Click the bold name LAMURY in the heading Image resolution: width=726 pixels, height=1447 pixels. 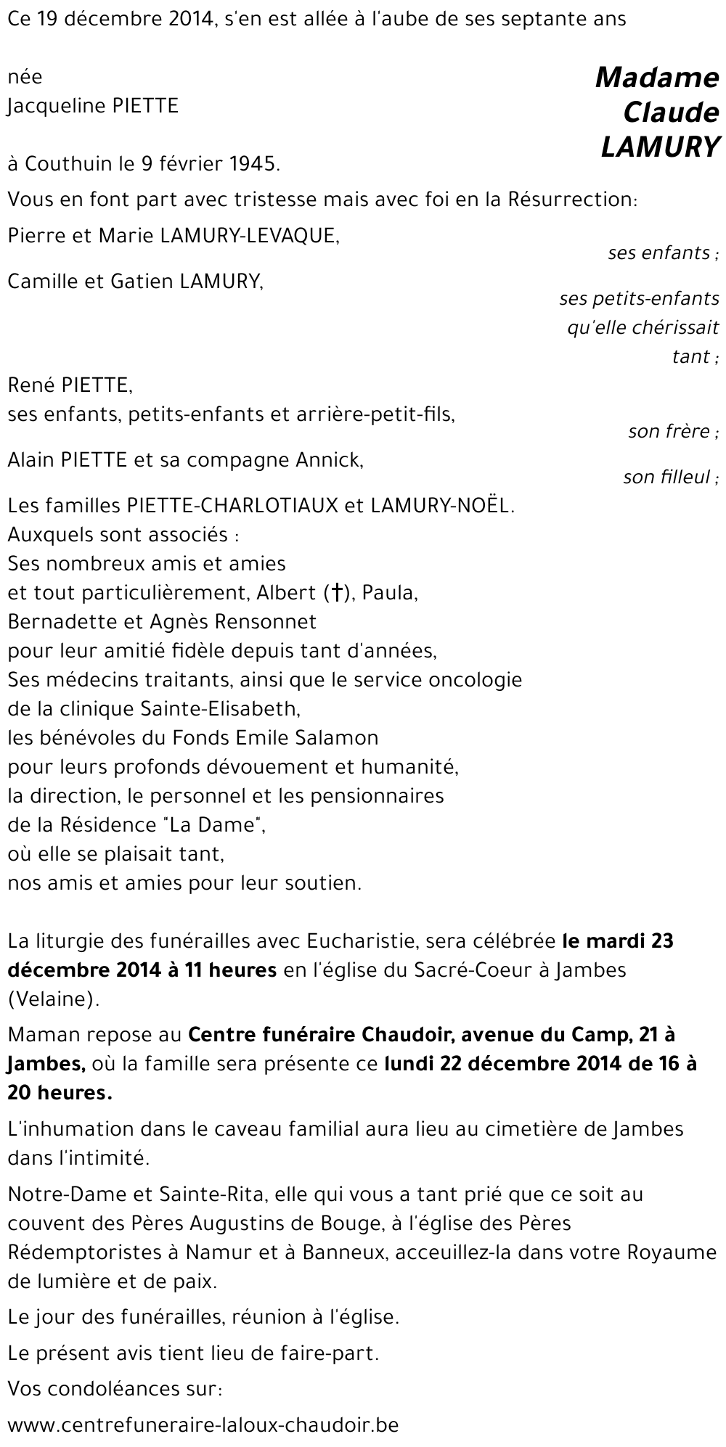click(x=660, y=147)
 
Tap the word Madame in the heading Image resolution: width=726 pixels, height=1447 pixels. click(x=657, y=78)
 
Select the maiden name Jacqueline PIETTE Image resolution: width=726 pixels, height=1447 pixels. click(x=92, y=107)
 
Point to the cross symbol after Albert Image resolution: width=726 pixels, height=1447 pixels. click(x=336, y=593)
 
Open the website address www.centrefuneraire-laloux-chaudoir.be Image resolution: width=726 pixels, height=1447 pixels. click(x=203, y=1425)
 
